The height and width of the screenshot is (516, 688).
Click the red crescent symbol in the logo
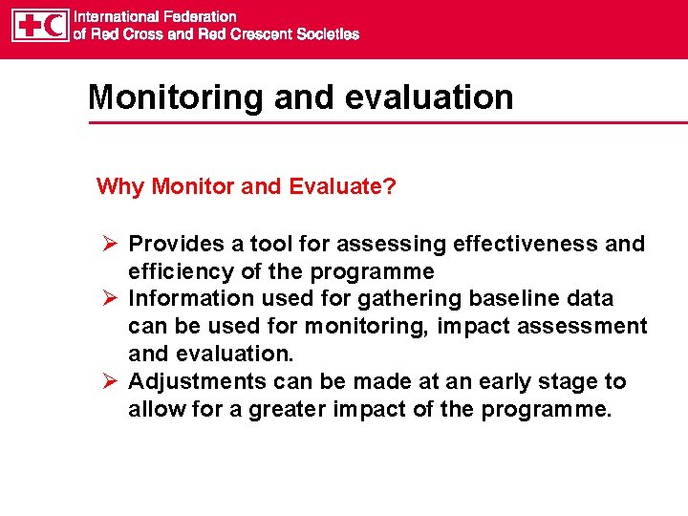pos(54,25)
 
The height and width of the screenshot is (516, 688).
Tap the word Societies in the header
pos(328,33)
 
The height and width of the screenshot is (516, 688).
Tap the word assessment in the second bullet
pos(584,327)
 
